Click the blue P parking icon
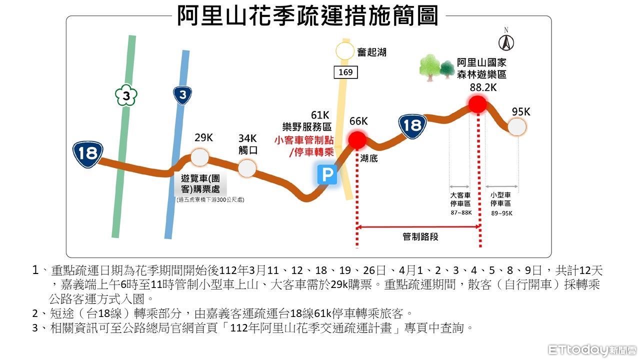coord(327,175)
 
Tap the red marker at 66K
coord(357,140)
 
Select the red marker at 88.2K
coord(477,104)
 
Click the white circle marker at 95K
coord(517,126)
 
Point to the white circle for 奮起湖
coord(344,51)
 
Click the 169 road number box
coord(345,72)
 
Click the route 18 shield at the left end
coord(87,153)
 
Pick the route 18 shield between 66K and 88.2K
coord(412,125)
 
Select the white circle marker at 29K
coord(199,157)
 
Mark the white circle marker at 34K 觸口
coord(247,168)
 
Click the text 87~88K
coord(460,213)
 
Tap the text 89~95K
coord(501,213)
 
